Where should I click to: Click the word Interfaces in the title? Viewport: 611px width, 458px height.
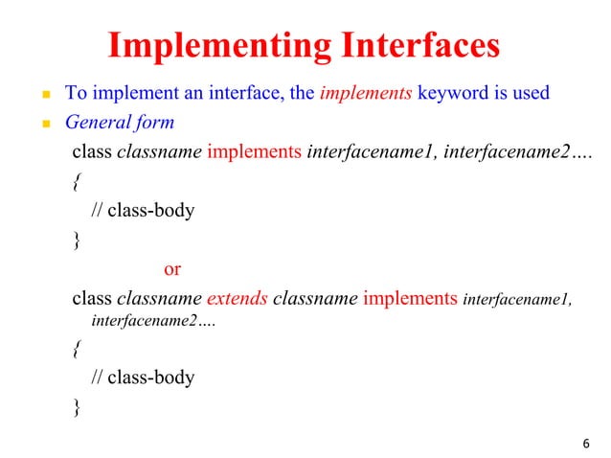(x=415, y=46)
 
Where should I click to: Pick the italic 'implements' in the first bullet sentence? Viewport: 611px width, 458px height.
(x=364, y=94)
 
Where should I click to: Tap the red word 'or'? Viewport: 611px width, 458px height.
(x=172, y=269)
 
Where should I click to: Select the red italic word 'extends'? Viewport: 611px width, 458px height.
(x=237, y=298)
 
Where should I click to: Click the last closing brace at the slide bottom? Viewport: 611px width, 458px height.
(x=77, y=407)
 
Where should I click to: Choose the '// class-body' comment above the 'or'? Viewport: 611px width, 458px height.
(x=143, y=210)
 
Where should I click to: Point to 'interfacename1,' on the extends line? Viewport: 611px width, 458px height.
(x=517, y=300)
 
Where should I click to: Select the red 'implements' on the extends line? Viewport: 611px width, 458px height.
(x=410, y=298)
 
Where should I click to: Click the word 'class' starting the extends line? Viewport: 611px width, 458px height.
(x=92, y=298)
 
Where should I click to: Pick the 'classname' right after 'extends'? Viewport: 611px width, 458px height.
(x=315, y=298)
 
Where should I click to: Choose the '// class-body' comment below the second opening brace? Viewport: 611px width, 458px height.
(x=143, y=378)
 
